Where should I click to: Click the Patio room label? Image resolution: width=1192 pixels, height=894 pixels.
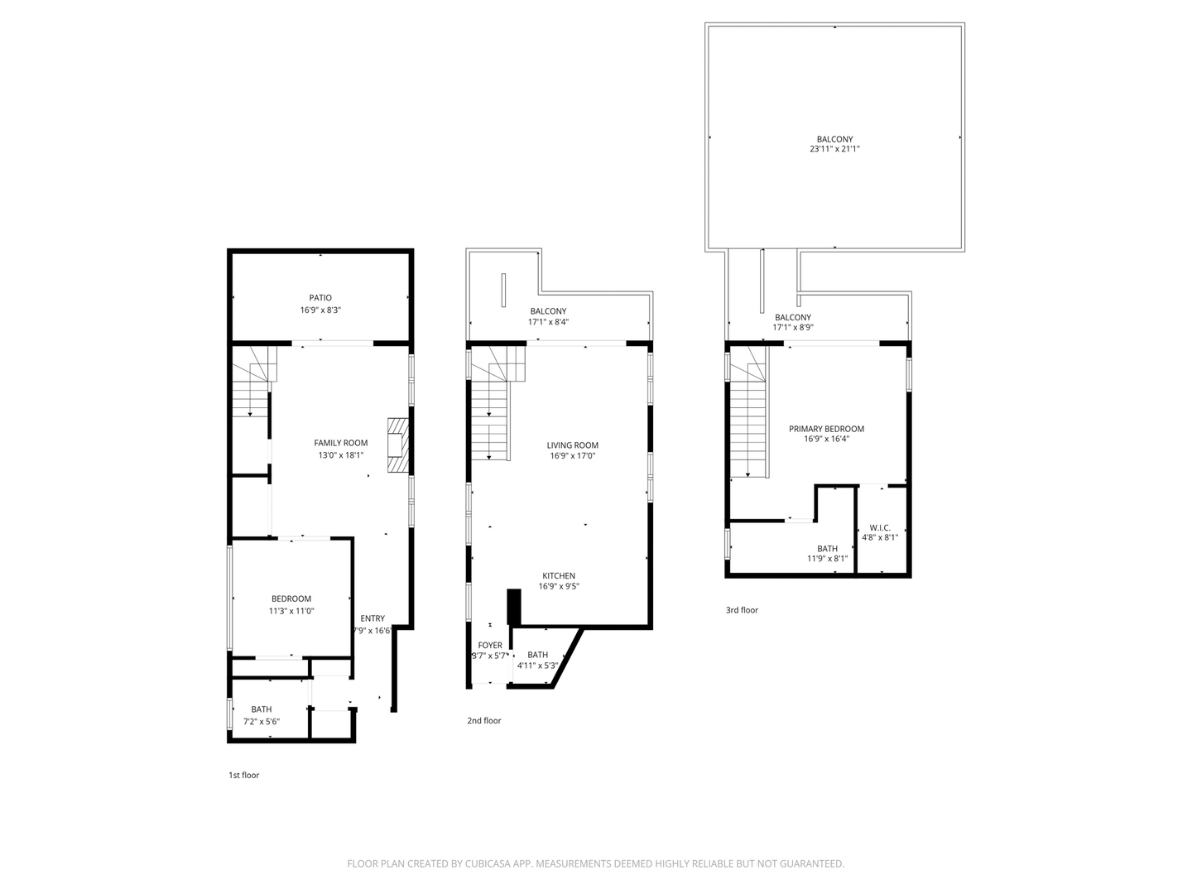[320, 298]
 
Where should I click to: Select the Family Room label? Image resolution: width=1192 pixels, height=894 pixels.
[340, 444]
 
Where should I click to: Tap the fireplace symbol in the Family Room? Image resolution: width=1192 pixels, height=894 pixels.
[398, 445]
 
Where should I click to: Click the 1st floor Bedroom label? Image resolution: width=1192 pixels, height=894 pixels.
[291, 599]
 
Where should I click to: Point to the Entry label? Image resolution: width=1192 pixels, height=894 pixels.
[372, 618]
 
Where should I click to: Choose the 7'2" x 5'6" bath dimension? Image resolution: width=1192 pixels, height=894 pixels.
[261, 722]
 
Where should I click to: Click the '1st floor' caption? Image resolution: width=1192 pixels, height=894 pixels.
[244, 776]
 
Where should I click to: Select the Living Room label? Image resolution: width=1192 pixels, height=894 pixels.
[572, 445]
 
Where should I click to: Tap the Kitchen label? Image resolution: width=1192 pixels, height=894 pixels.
[559, 576]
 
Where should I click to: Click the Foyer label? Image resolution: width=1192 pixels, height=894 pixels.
[490, 646]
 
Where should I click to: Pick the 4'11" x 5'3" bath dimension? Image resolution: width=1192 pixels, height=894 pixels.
[537, 666]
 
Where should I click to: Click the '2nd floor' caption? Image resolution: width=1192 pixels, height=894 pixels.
[484, 721]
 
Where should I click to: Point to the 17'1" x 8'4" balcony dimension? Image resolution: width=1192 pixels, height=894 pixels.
[549, 322]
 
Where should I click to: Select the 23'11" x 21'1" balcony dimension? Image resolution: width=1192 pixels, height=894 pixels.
[834, 150]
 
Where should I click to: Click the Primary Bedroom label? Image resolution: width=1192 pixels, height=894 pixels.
[826, 429]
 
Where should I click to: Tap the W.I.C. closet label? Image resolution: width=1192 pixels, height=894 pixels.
[880, 528]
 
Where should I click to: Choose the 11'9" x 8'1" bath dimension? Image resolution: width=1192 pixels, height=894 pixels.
[827, 559]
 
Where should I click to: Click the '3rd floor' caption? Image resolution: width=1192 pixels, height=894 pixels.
[742, 611]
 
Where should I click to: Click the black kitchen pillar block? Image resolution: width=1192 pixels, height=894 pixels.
[513, 607]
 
